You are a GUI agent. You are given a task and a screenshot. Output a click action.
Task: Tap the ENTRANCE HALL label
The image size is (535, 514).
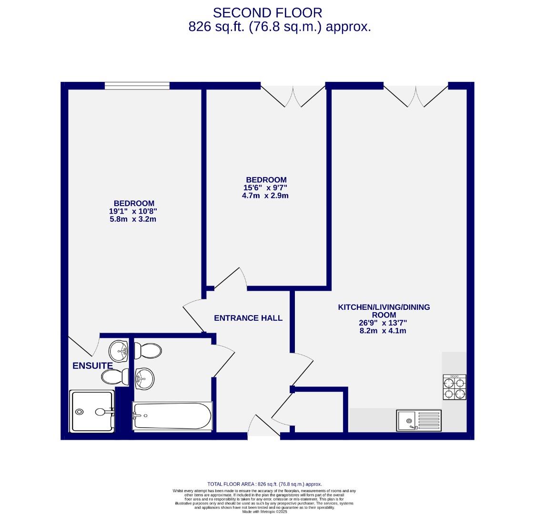pyautogui.click(x=248, y=318)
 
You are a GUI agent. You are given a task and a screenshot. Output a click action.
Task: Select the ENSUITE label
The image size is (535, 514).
pyautogui.click(x=92, y=366)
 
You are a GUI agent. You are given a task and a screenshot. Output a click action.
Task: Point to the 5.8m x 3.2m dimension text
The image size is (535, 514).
pyautogui.click(x=132, y=219)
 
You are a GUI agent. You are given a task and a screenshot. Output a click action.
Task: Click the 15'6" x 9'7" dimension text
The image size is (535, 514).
pyautogui.click(x=266, y=188)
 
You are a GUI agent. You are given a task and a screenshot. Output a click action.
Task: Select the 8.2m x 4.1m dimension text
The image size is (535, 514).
pyautogui.click(x=384, y=330)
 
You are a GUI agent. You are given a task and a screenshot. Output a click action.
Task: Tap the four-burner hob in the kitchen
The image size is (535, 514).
pyautogui.click(x=454, y=387)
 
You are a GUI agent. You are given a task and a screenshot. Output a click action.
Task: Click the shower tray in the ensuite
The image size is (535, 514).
pyautogui.click(x=92, y=411)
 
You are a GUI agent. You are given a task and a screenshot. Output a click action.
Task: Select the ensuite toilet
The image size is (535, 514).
pyautogui.click(x=115, y=377)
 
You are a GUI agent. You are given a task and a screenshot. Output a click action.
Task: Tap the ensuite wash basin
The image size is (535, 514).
pyautogui.click(x=119, y=352)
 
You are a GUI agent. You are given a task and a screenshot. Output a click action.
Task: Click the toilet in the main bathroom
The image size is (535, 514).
pyautogui.click(x=148, y=351)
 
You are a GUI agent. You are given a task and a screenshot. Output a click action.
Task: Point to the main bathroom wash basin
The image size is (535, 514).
pyautogui.click(x=145, y=379)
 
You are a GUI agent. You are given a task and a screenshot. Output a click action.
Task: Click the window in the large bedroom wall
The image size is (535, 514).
pyautogui.click(x=137, y=86)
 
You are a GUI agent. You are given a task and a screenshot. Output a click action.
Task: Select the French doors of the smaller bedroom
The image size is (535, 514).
pyautogui.click(x=293, y=95)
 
